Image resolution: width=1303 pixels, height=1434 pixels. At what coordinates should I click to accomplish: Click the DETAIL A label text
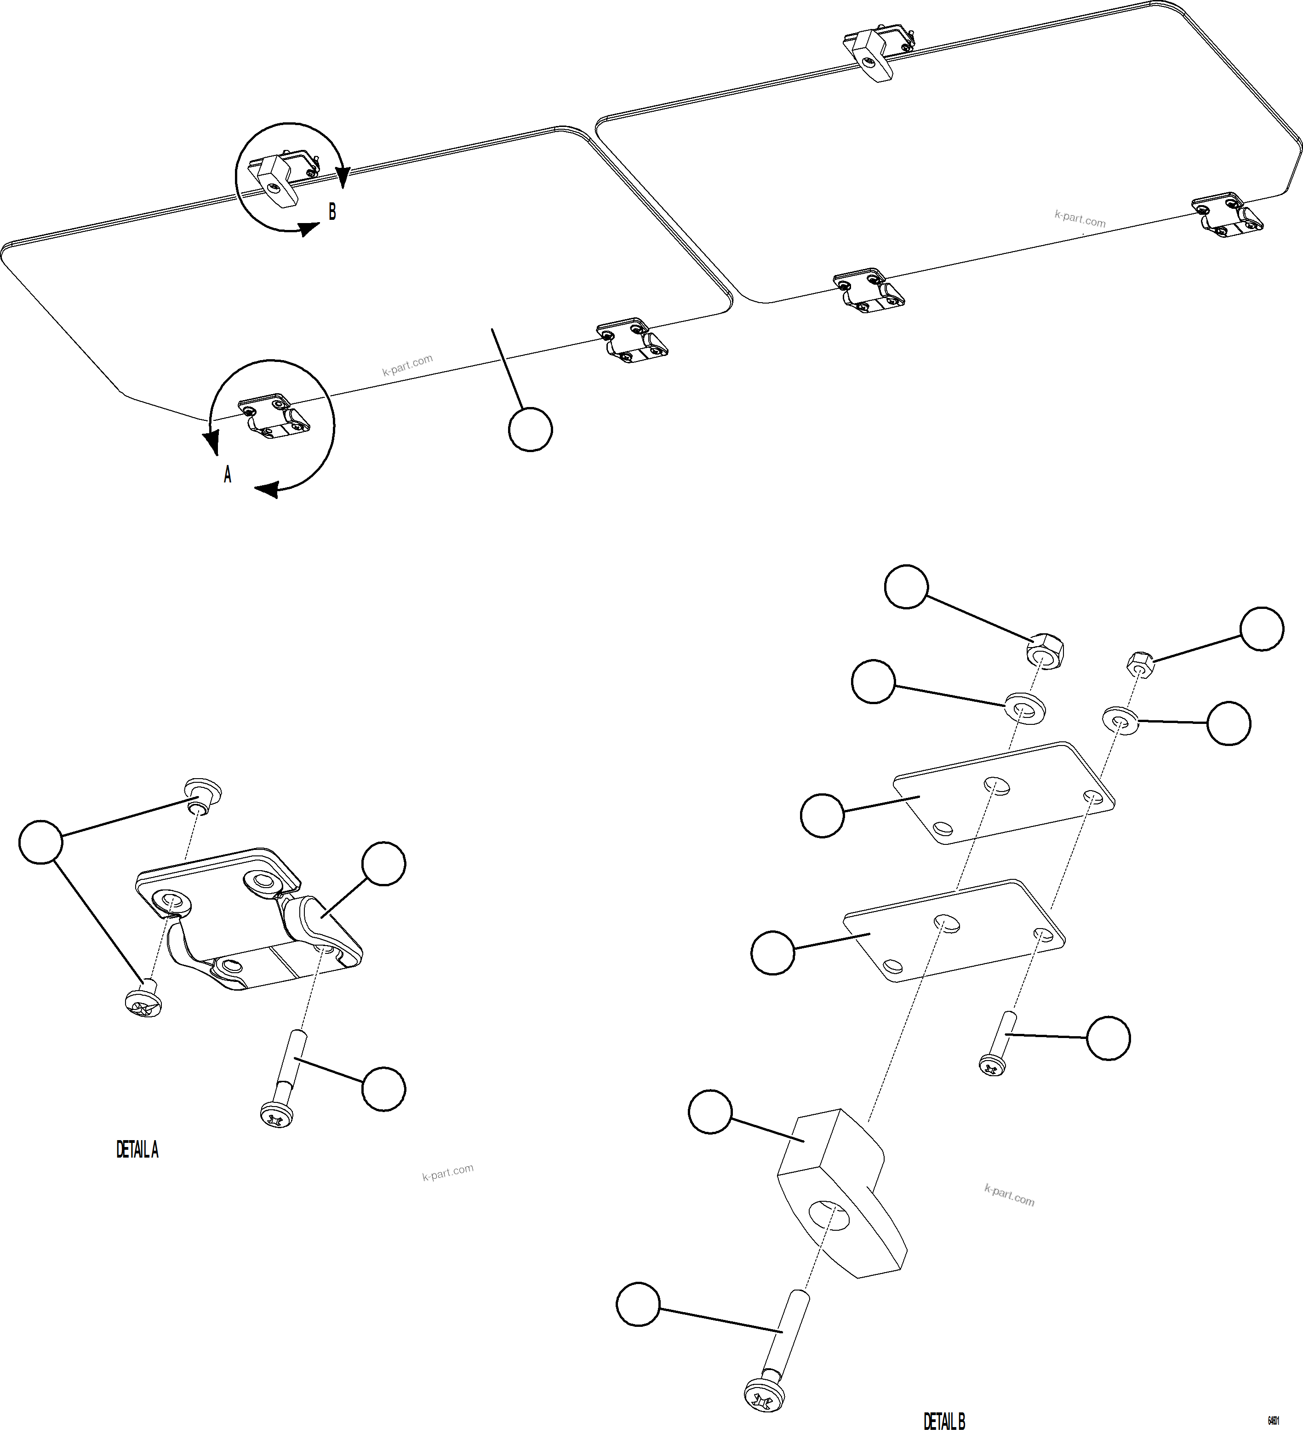(137, 1150)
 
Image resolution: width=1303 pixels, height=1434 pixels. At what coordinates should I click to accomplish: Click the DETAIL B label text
(944, 1421)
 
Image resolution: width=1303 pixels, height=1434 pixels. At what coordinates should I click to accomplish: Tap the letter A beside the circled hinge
(228, 475)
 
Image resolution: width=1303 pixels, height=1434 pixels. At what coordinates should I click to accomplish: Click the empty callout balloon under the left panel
(531, 430)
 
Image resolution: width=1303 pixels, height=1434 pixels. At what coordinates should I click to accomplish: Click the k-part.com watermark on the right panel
(1080, 219)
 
